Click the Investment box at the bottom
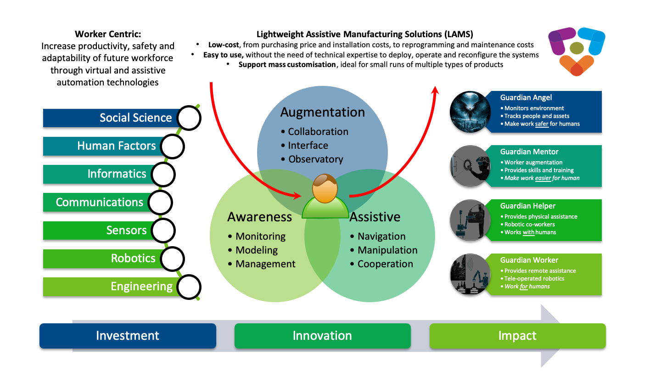coord(128,336)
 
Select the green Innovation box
coord(322,336)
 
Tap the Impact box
coord(517,336)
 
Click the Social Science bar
coord(110,118)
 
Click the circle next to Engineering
coord(189,287)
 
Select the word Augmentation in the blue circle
coord(322,112)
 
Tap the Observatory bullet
coord(315,159)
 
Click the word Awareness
coord(259,217)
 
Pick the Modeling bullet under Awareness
coord(256,250)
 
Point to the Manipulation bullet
coord(387,250)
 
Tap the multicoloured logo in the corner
coord(577,51)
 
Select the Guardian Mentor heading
coord(529,152)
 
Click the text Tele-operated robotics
coord(534,278)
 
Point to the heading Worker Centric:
coord(108,34)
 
